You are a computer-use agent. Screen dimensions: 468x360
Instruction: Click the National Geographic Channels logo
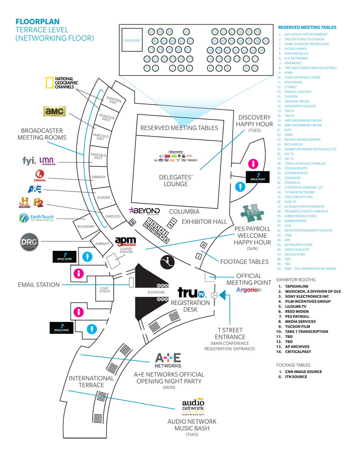(62, 84)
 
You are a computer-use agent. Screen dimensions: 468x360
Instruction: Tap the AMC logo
(55, 111)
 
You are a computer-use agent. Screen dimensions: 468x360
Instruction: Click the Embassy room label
(98, 177)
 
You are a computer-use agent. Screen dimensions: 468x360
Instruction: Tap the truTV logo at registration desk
(191, 293)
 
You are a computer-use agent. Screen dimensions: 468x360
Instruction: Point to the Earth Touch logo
(36, 219)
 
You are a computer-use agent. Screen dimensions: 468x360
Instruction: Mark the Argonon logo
(248, 290)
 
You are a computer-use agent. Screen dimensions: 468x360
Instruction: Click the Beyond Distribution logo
(144, 211)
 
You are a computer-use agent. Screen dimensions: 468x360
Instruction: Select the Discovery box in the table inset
(132, 41)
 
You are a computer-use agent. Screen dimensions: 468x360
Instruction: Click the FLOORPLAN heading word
(37, 21)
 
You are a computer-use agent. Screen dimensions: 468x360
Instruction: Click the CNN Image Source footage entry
(303, 372)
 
